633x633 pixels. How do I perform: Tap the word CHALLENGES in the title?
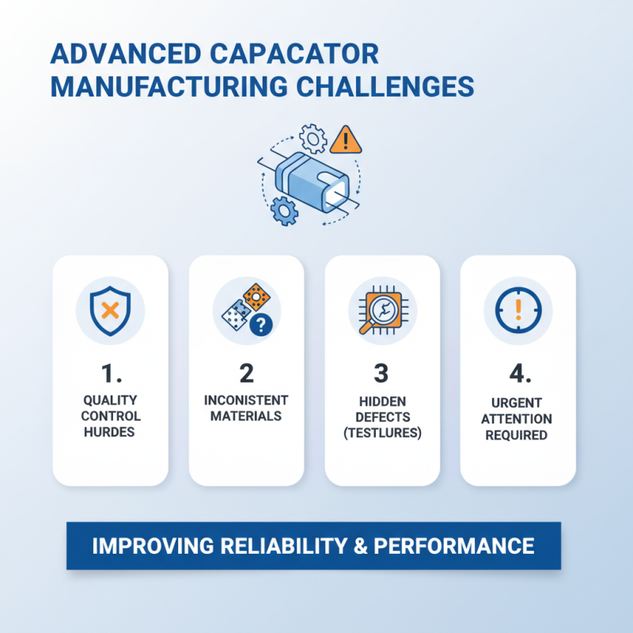tap(385, 85)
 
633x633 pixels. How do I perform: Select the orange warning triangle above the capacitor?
tap(345, 140)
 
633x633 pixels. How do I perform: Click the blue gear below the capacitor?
tap(282, 211)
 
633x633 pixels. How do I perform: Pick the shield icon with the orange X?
tap(110, 310)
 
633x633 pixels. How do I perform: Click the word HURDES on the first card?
tap(110, 432)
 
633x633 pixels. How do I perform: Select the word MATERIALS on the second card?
tap(246, 416)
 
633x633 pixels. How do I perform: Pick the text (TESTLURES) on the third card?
tap(382, 434)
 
